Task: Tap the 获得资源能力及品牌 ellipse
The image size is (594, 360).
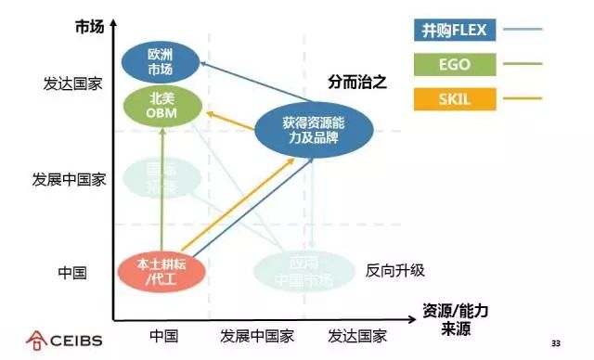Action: click(x=315, y=130)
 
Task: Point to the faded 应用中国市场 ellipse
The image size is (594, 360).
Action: click(x=298, y=269)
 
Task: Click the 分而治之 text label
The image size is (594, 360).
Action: click(x=356, y=82)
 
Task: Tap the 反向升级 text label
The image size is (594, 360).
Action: click(x=394, y=270)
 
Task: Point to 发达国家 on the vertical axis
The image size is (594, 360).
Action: click(x=71, y=84)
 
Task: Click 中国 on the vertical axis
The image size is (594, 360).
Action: click(x=72, y=273)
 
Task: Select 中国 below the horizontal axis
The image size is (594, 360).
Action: click(x=163, y=336)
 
